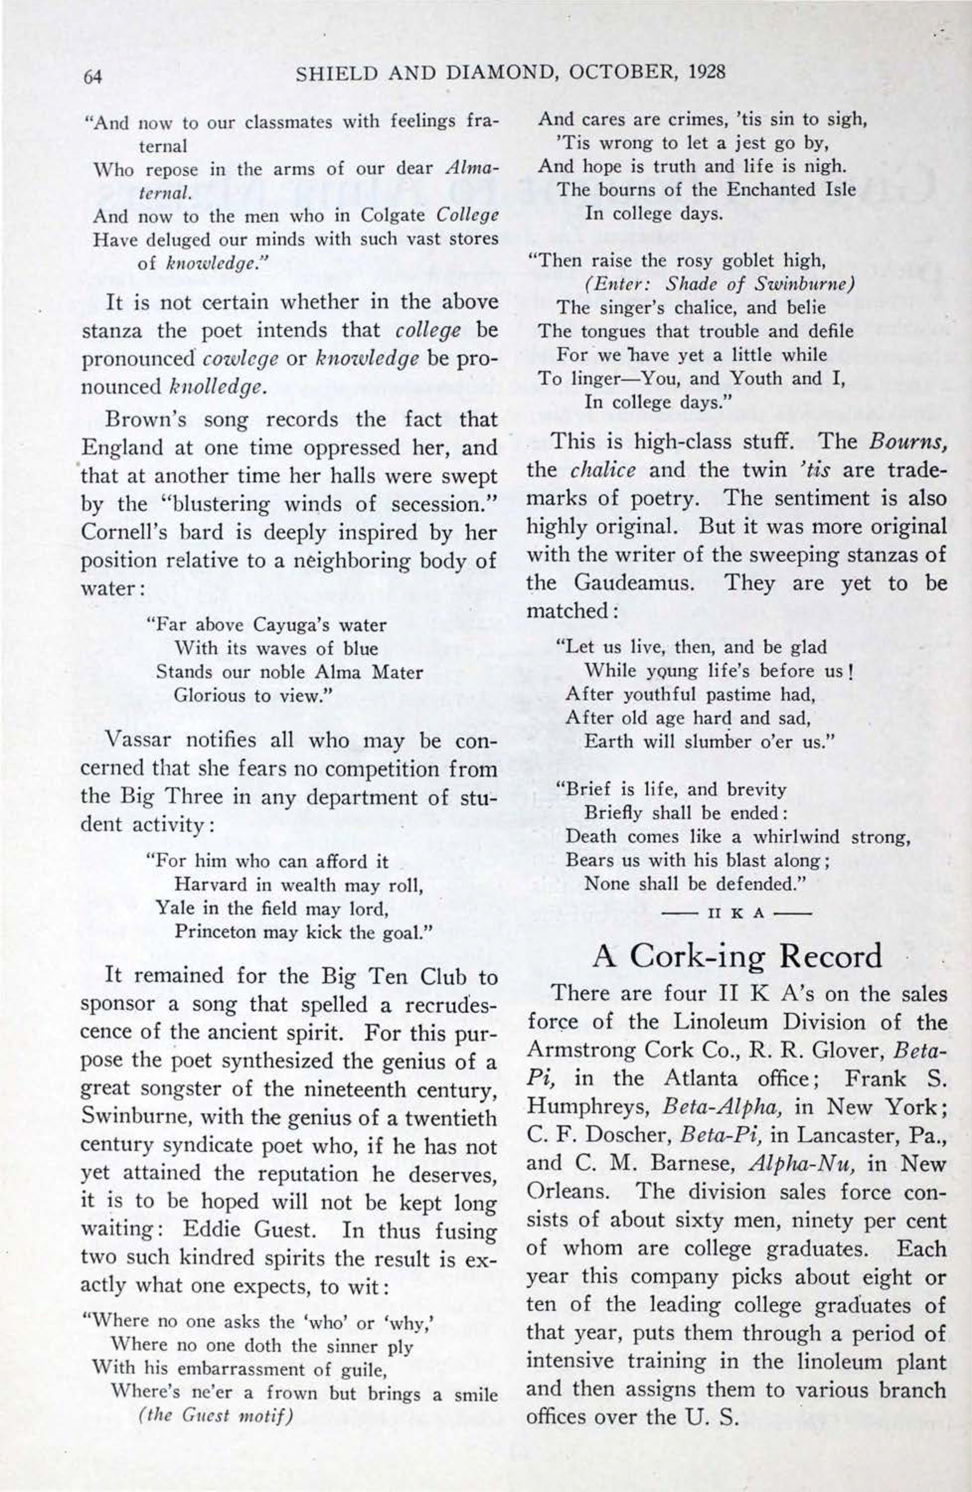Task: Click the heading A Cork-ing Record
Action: (x=737, y=956)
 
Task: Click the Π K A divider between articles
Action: (x=737, y=913)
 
